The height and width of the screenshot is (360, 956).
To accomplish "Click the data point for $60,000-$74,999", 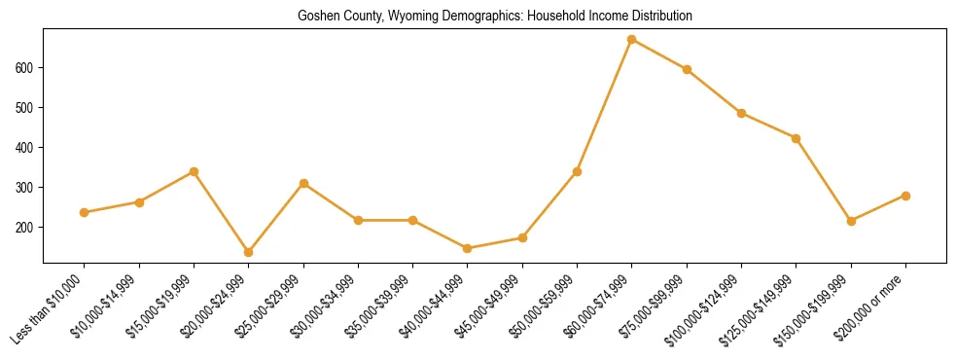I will coord(632,40).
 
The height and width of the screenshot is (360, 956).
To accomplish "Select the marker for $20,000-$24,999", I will coord(249,252).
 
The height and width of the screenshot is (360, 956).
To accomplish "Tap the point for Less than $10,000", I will coord(85,212).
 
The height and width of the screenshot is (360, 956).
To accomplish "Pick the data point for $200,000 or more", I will coord(905,196).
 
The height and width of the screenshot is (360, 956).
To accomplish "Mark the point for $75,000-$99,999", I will coord(687,69).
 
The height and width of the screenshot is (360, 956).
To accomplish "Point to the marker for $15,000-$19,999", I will coord(195,171).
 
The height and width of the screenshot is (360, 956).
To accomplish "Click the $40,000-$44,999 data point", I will coord(468,248).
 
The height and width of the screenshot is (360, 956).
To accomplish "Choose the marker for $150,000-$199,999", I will coord(851,221).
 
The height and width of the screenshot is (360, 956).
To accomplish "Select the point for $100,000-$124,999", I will coord(741,113).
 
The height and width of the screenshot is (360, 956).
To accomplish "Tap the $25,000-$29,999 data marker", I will coord(303,183).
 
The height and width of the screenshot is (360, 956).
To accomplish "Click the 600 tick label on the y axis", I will coord(26,68).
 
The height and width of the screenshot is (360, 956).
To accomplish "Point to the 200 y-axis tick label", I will coord(26,227).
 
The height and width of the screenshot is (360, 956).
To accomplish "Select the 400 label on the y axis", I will coord(26,148).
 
